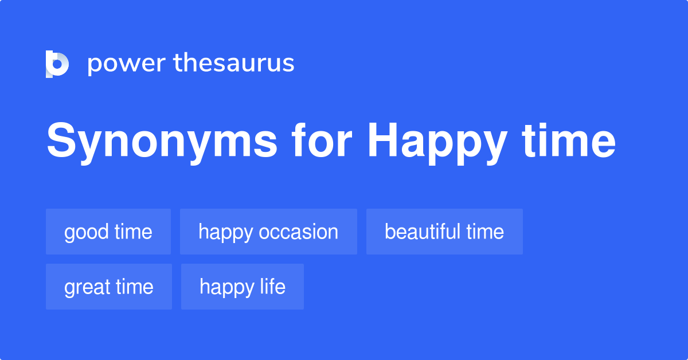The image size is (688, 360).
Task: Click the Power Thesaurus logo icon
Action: click(57, 64)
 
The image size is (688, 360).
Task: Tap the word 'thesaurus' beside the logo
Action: click(233, 63)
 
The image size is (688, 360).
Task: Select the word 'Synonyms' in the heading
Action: click(161, 142)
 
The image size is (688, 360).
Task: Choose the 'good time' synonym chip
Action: click(108, 232)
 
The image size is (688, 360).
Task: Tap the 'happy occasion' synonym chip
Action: click(268, 232)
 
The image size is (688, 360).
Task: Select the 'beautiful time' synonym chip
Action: click(444, 232)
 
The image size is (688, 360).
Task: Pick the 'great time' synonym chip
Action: click(109, 287)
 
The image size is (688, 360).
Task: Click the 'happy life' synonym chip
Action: click(243, 287)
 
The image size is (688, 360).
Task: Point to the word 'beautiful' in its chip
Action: click(423, 232)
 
